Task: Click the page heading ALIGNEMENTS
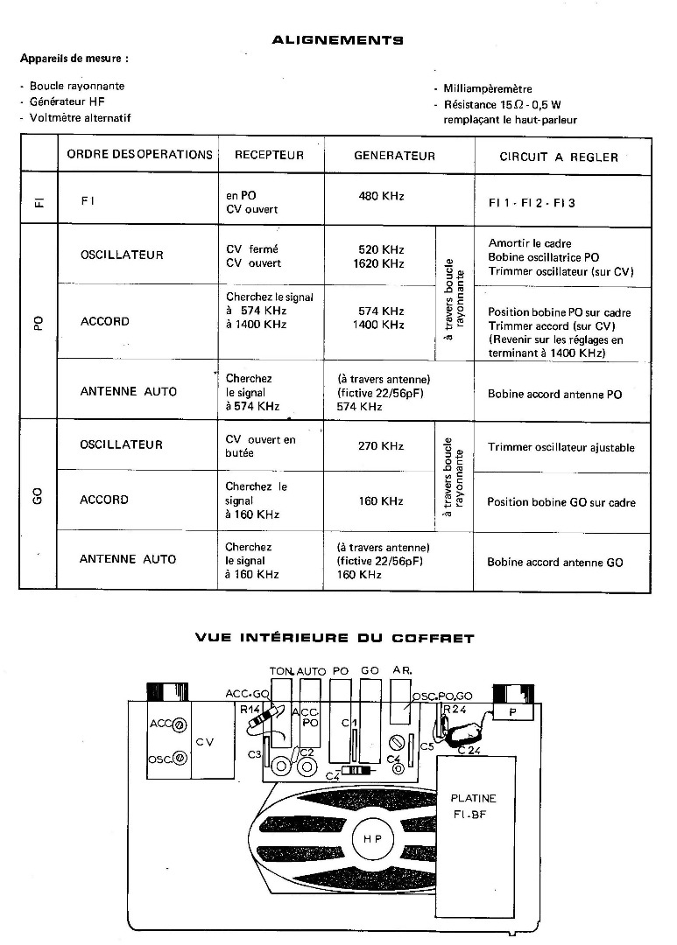pos(337,39)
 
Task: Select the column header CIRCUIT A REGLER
pos(558,157)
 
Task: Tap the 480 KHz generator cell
pos(381,196)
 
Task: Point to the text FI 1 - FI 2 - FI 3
pos(532,202)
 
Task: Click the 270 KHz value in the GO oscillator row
pos(381,446)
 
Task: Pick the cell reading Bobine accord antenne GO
pos(555,563)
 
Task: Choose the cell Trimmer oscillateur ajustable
pos(561,448)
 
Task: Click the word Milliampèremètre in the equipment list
pos(488,88)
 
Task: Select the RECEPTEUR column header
pos(269,156)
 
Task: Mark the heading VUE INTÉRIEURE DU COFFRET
pos(334,638)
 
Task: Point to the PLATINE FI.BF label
pos(472,805)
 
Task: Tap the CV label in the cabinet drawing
pos(204,742)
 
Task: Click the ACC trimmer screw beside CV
pos(180,724)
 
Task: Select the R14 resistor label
pos(249,710)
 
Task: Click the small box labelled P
pos(512,713)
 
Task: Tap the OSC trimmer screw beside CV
pos(180,759)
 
